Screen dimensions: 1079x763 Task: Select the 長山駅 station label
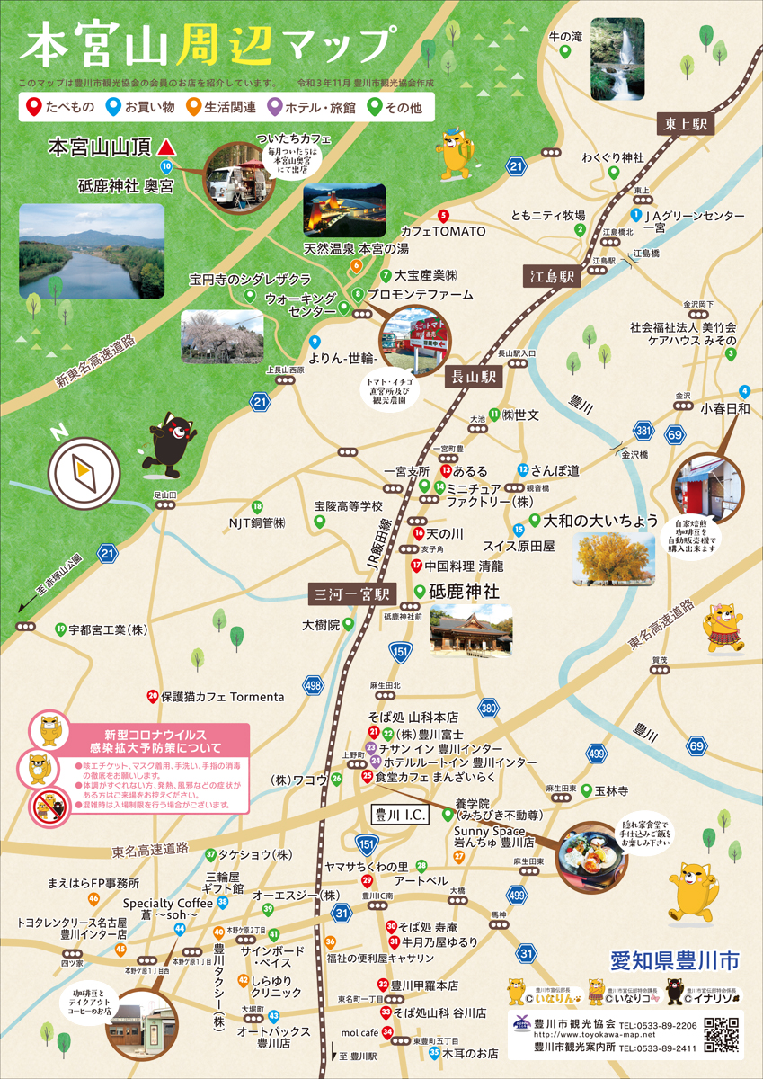474,378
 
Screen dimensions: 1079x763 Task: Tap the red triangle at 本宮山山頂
165,145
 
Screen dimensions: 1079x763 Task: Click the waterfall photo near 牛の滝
622,59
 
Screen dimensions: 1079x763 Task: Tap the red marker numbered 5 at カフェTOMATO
443,215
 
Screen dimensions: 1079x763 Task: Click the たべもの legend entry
61,107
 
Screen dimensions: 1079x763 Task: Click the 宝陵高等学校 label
348,507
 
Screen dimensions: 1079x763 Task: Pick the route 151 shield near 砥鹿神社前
400,651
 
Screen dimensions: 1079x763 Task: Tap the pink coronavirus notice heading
149,741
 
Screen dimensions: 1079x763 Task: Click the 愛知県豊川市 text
674,961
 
